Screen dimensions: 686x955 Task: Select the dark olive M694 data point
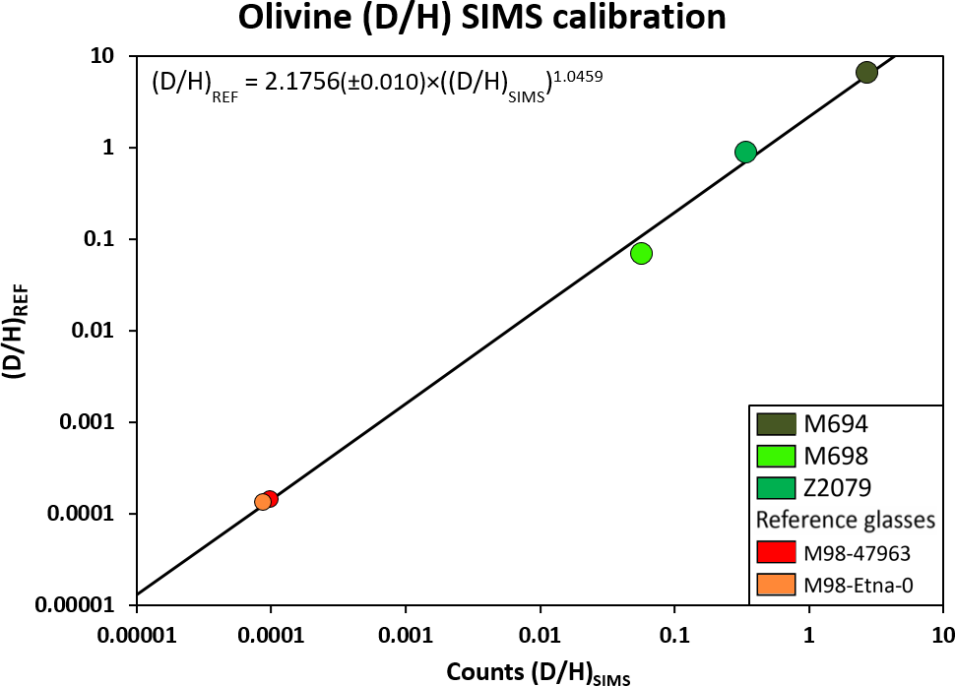coord(866,72)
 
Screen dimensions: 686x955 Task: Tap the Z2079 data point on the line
coord(745,152)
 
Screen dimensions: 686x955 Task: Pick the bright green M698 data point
coord(641,254)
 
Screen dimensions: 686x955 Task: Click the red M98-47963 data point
coord(271,498)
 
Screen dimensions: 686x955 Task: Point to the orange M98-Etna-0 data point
coord(262,502)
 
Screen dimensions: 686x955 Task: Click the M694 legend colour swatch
coord(776,424)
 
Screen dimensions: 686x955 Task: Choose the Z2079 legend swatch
coord(776,488)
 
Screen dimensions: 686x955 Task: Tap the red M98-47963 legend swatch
coord(776,553)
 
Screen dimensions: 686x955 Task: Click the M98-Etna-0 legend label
coord(859,585)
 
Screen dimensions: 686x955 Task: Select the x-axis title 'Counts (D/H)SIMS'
coord(538,672)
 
